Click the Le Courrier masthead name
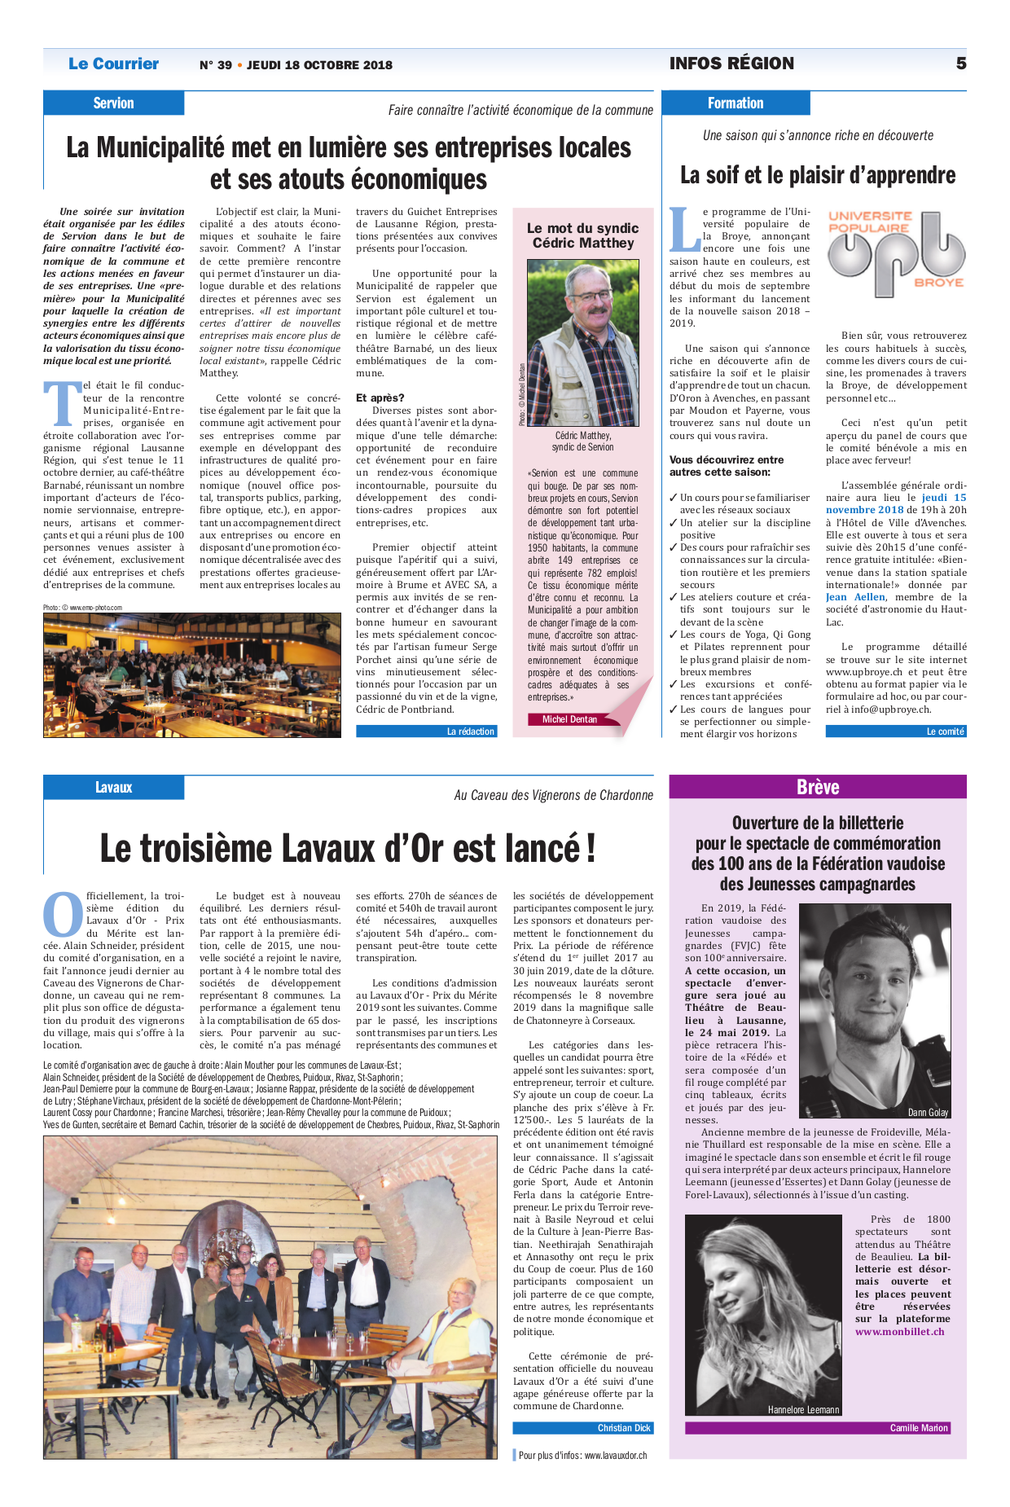113,64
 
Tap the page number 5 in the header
961,64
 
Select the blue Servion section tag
113,103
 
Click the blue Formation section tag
736,103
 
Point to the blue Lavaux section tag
113,787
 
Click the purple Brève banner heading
818,787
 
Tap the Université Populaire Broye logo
896,253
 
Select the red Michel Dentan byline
569,719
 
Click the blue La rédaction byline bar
426,732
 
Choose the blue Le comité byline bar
896,732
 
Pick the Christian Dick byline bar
582,1427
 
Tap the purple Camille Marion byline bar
818,1427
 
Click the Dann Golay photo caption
928,1112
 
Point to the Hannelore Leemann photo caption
803,1409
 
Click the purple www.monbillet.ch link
899,1331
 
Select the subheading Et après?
380,398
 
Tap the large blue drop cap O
63,915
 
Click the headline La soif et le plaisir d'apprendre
818,175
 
